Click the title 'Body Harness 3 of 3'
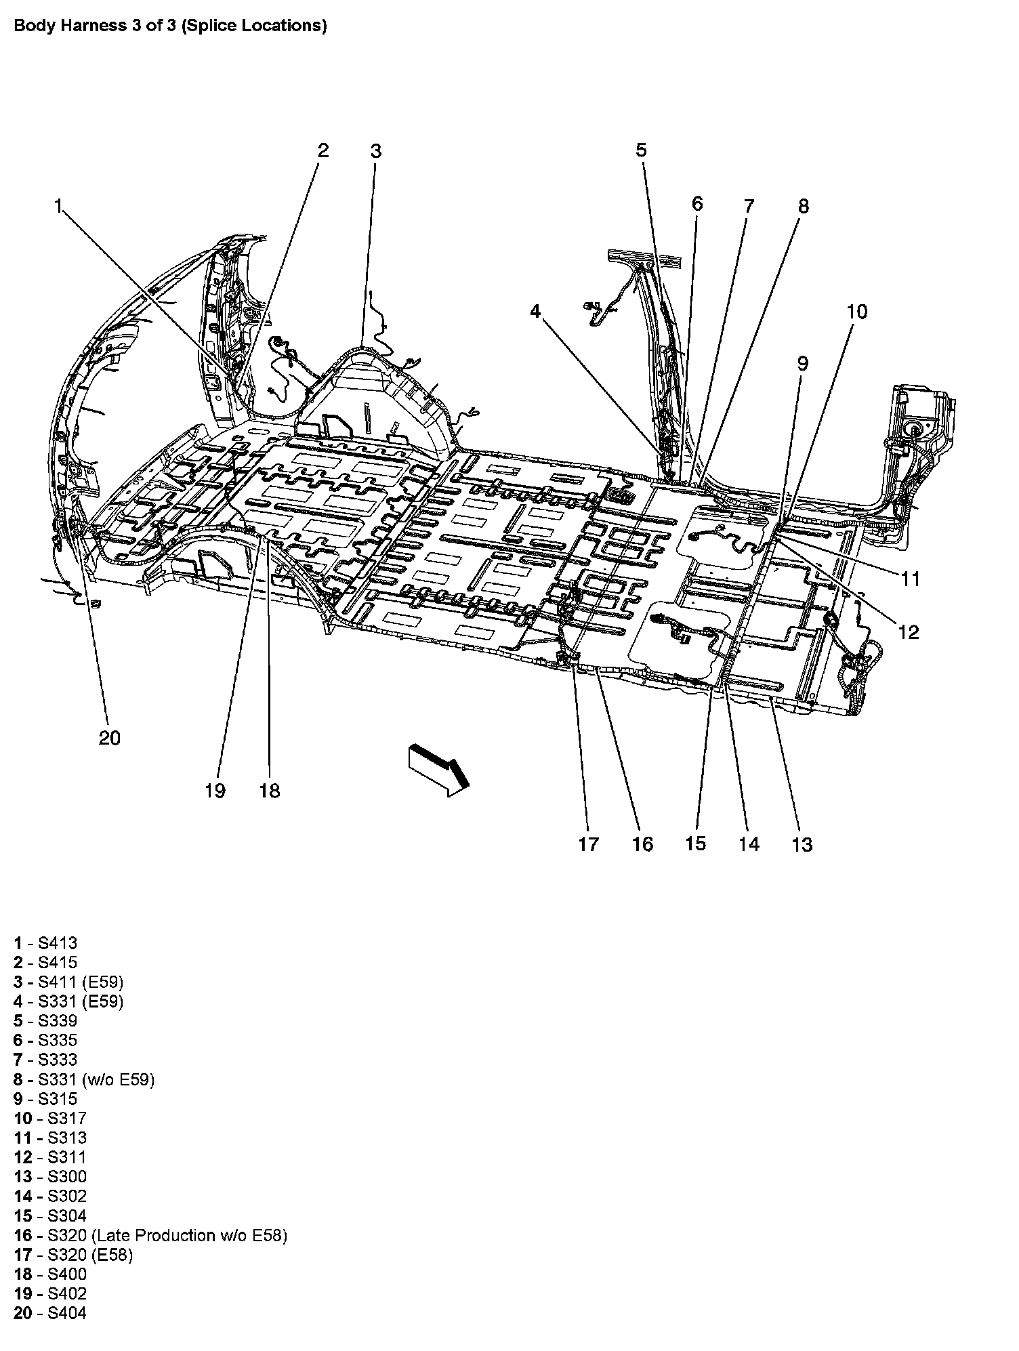point(170,26)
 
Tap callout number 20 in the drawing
point(109,737)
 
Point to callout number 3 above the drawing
point(376,150)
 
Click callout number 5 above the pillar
point(641,150)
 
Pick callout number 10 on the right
point(856,312)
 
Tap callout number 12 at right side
point(908,631)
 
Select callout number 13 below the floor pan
point(802,844)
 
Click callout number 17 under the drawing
point(588,844)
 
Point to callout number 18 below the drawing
point(269,790)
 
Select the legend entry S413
point(45,942)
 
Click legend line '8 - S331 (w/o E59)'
point(84,1079)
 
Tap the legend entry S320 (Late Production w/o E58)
point(150,1235)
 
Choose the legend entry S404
point(50,1313)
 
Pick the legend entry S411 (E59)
point(68,982)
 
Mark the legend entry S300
point(50,1176)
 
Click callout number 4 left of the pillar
point(535,312)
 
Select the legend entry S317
point(50,1118)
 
